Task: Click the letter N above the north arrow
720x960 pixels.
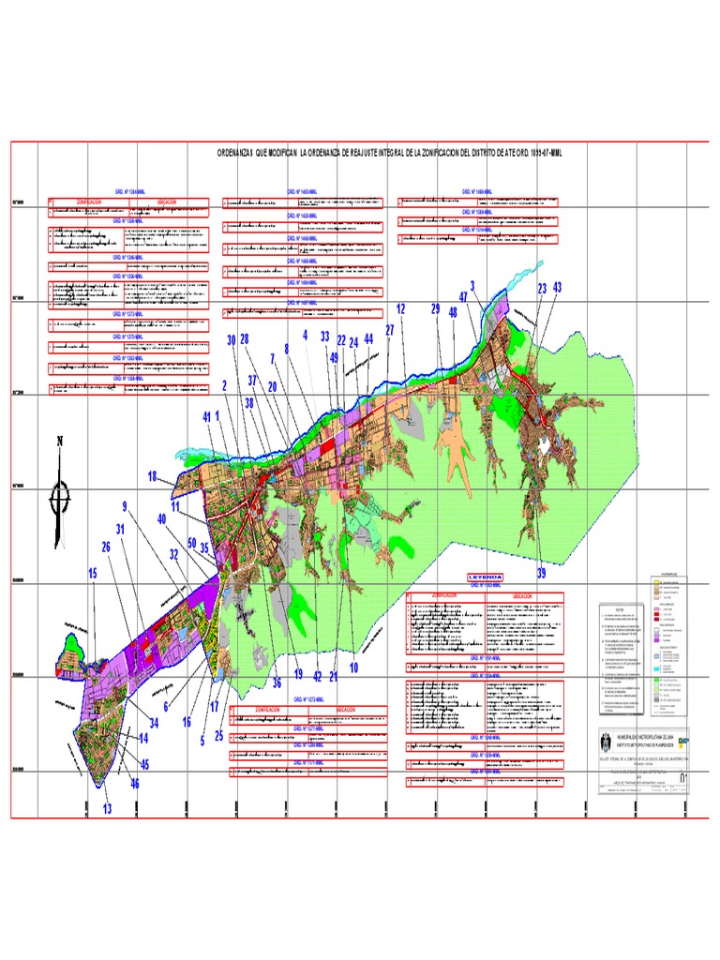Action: pyautogui.click(x=60, y=442)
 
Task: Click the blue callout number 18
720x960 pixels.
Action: pyautogui.click(x=153, y=477)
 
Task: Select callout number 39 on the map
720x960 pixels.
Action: pyautogui.click(x=541, y=573)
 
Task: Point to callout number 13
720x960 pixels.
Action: pyautogui.click(x=107, y=809)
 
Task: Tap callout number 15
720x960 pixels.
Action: pyautogui.click(x=93, y=573)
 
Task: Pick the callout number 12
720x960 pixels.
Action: pyautogui.click(x=400, y=307)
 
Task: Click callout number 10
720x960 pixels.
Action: pyautogui.click(x=354, y=667)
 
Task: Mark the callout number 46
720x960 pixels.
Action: pyautogui.click(x=135, y=784)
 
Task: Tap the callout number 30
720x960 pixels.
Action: pyautogui.click(x=232, y=340)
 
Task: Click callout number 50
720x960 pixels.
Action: pyautogui.click(x=191, y=543)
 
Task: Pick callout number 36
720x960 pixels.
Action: pyautogui.click(x=277, y=682)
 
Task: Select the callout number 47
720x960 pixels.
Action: pyautogui.click(x=463, y=296)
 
